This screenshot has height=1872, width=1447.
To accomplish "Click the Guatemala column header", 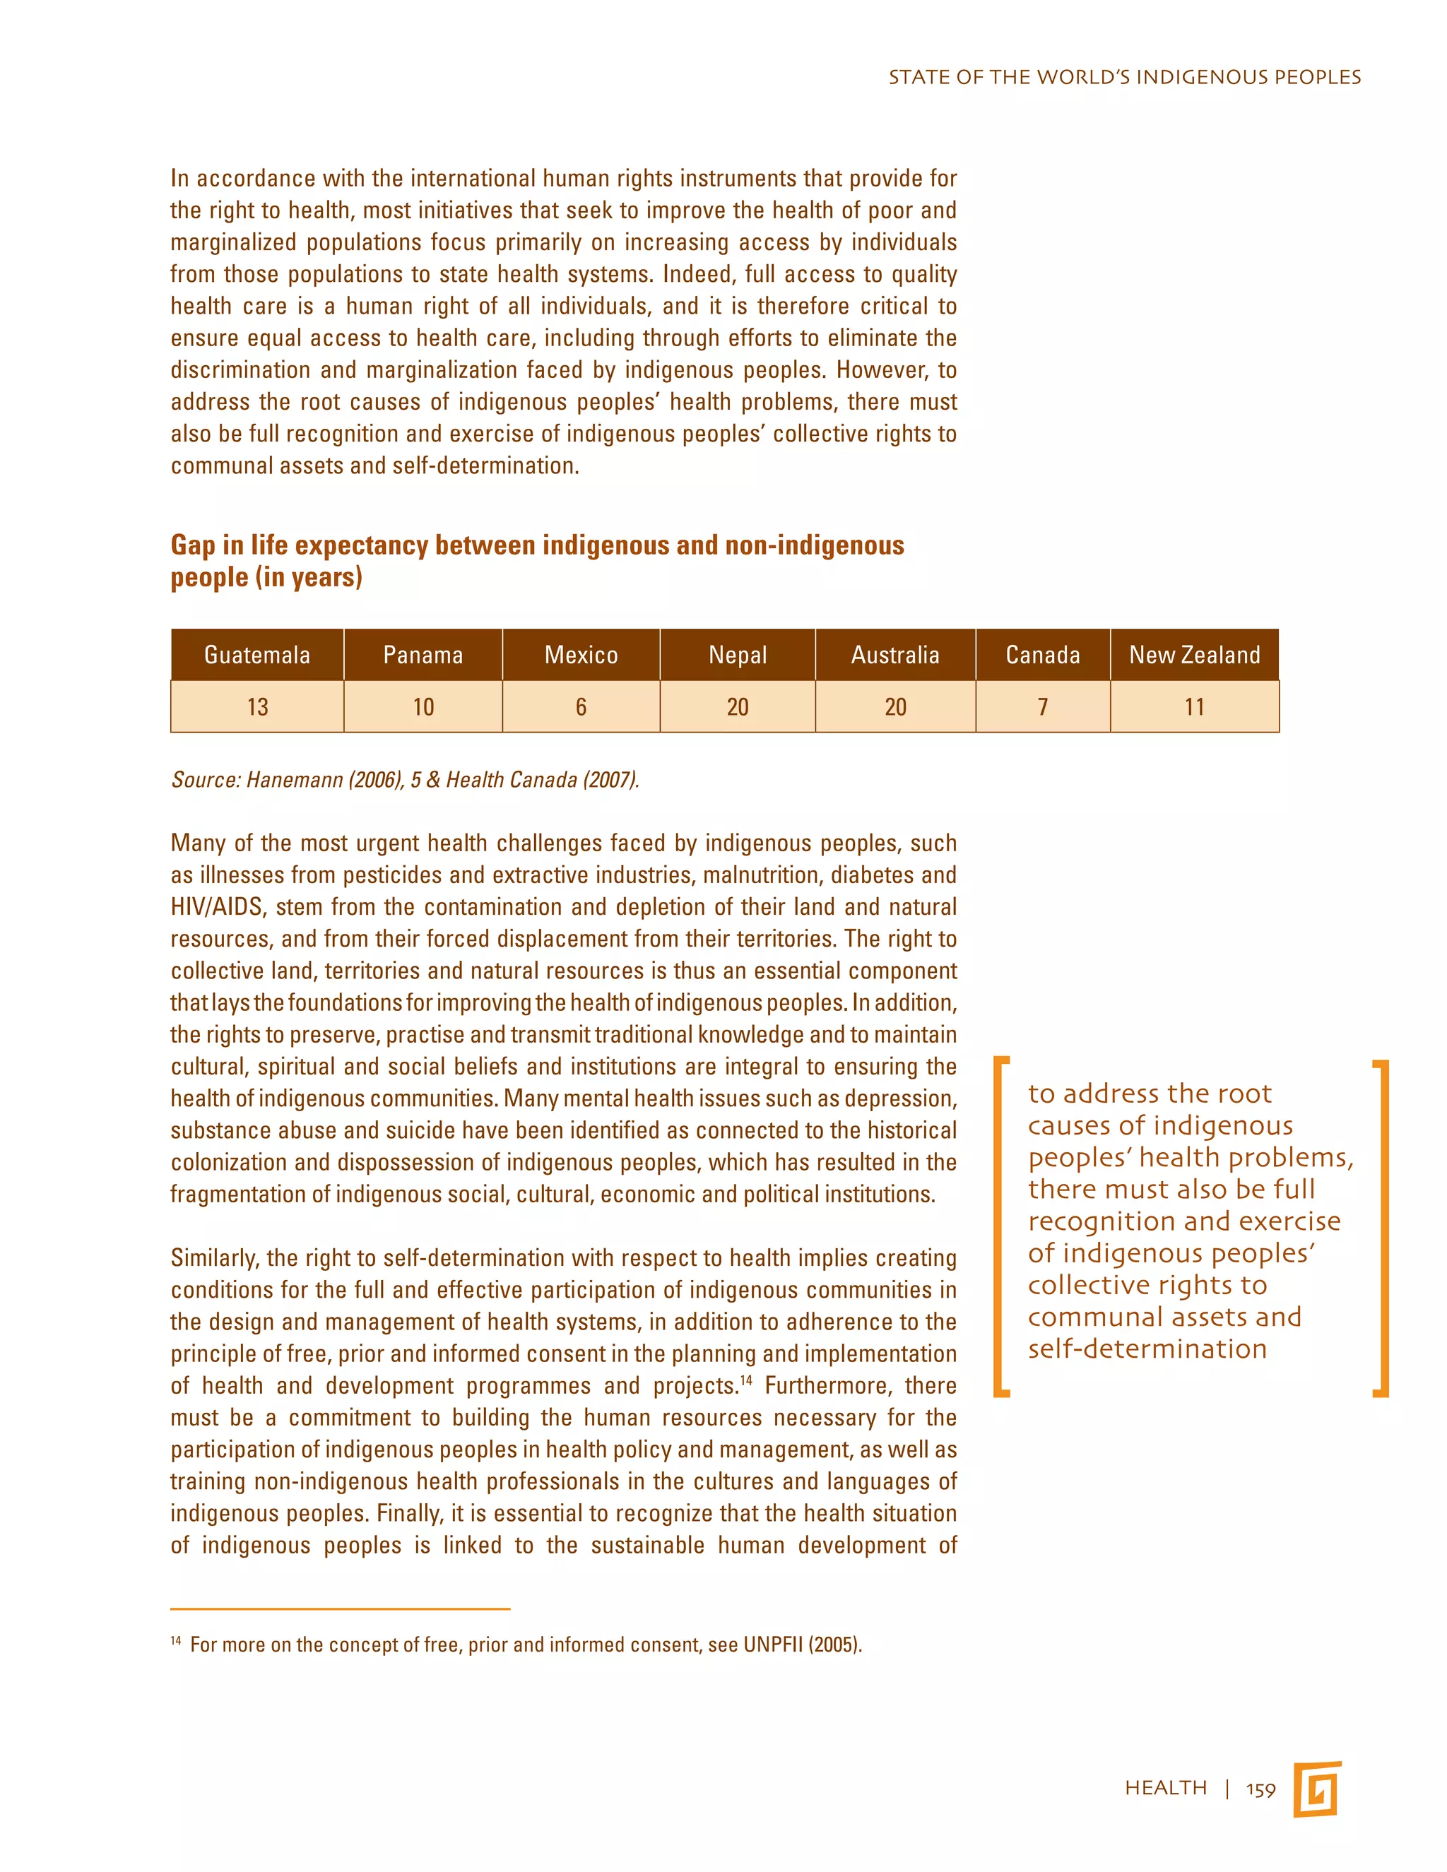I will point(257,655).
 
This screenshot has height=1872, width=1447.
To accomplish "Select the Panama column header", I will point(423,655).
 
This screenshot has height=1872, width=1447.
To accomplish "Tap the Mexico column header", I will point(581,655).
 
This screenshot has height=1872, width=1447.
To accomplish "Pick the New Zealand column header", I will point(1194,655).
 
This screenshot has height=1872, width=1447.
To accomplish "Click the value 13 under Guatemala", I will point(257,707).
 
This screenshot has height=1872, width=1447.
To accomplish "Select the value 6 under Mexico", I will point(581,707).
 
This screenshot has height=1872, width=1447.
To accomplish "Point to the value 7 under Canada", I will point(1042,707).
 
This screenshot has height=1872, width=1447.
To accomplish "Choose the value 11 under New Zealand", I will point(1194,707).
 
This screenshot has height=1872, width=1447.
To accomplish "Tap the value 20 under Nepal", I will point(737,707).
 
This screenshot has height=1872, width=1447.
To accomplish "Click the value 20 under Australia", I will point(895,707).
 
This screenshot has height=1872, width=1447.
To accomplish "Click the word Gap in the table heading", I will point(192,546).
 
